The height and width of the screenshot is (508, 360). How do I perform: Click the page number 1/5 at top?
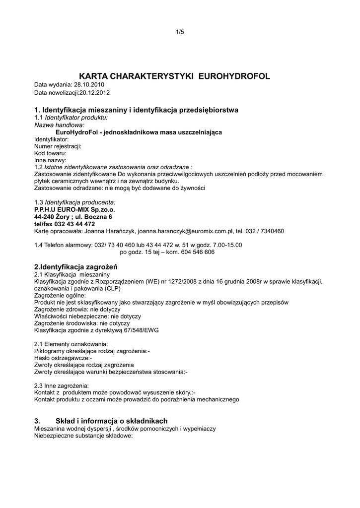180,32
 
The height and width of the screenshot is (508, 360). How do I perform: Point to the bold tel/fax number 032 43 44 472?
74,224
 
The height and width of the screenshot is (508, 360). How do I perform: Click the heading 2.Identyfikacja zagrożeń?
75,266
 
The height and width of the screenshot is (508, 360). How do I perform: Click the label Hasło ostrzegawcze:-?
63,358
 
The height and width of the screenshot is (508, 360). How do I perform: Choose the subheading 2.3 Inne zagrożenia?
62,385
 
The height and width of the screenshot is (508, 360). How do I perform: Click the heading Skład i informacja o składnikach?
112,420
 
